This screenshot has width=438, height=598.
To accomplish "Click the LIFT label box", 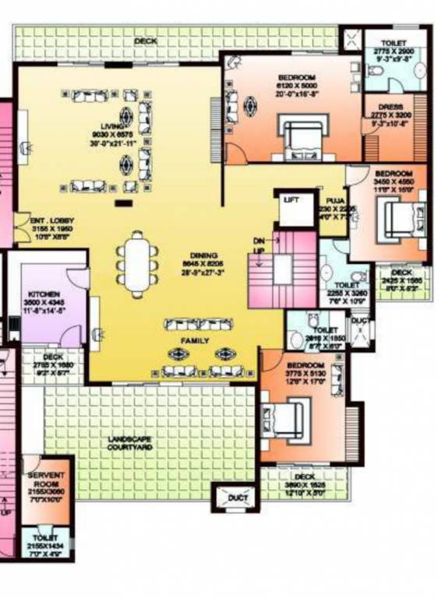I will (291, 200).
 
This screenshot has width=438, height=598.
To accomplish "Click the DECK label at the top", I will (145, 40).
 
